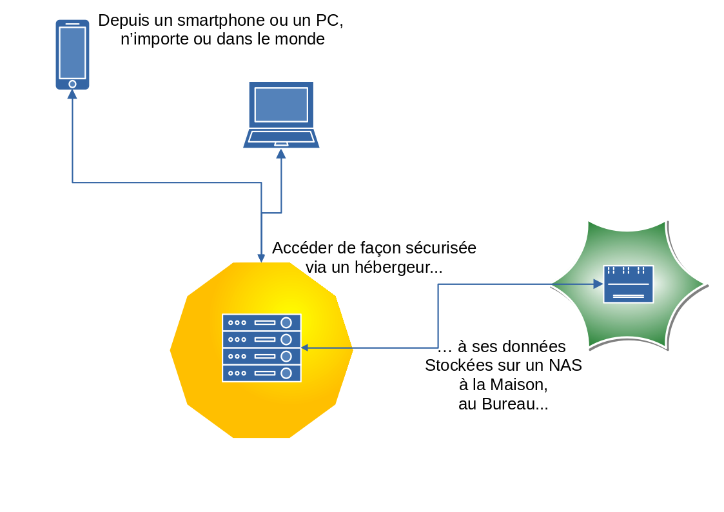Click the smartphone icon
tap(72, 54)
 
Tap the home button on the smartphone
tap(72, 84)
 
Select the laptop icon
tap(281, 114)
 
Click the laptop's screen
tap(281, 104)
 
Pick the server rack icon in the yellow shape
tap(261, 348)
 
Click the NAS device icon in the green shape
tap(628, 284)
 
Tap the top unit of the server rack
tap(261, 322)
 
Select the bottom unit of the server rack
tap(261, 373)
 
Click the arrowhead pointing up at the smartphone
tap(72, 94)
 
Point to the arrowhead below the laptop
tap(281, 153)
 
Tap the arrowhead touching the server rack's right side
tap(304, 348)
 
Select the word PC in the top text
tap(328, 20)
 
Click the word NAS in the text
tap(565, 366)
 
